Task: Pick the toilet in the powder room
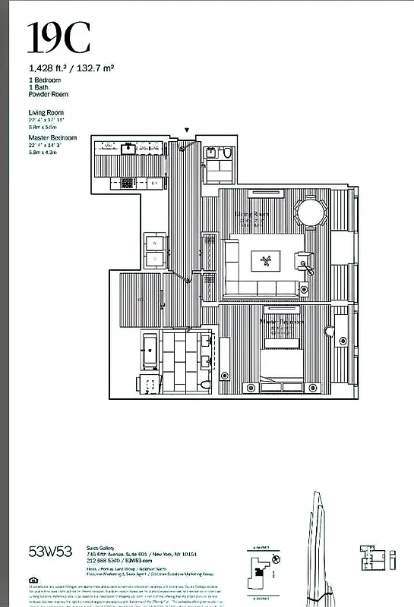point(226,154)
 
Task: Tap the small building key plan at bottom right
point(371,556)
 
